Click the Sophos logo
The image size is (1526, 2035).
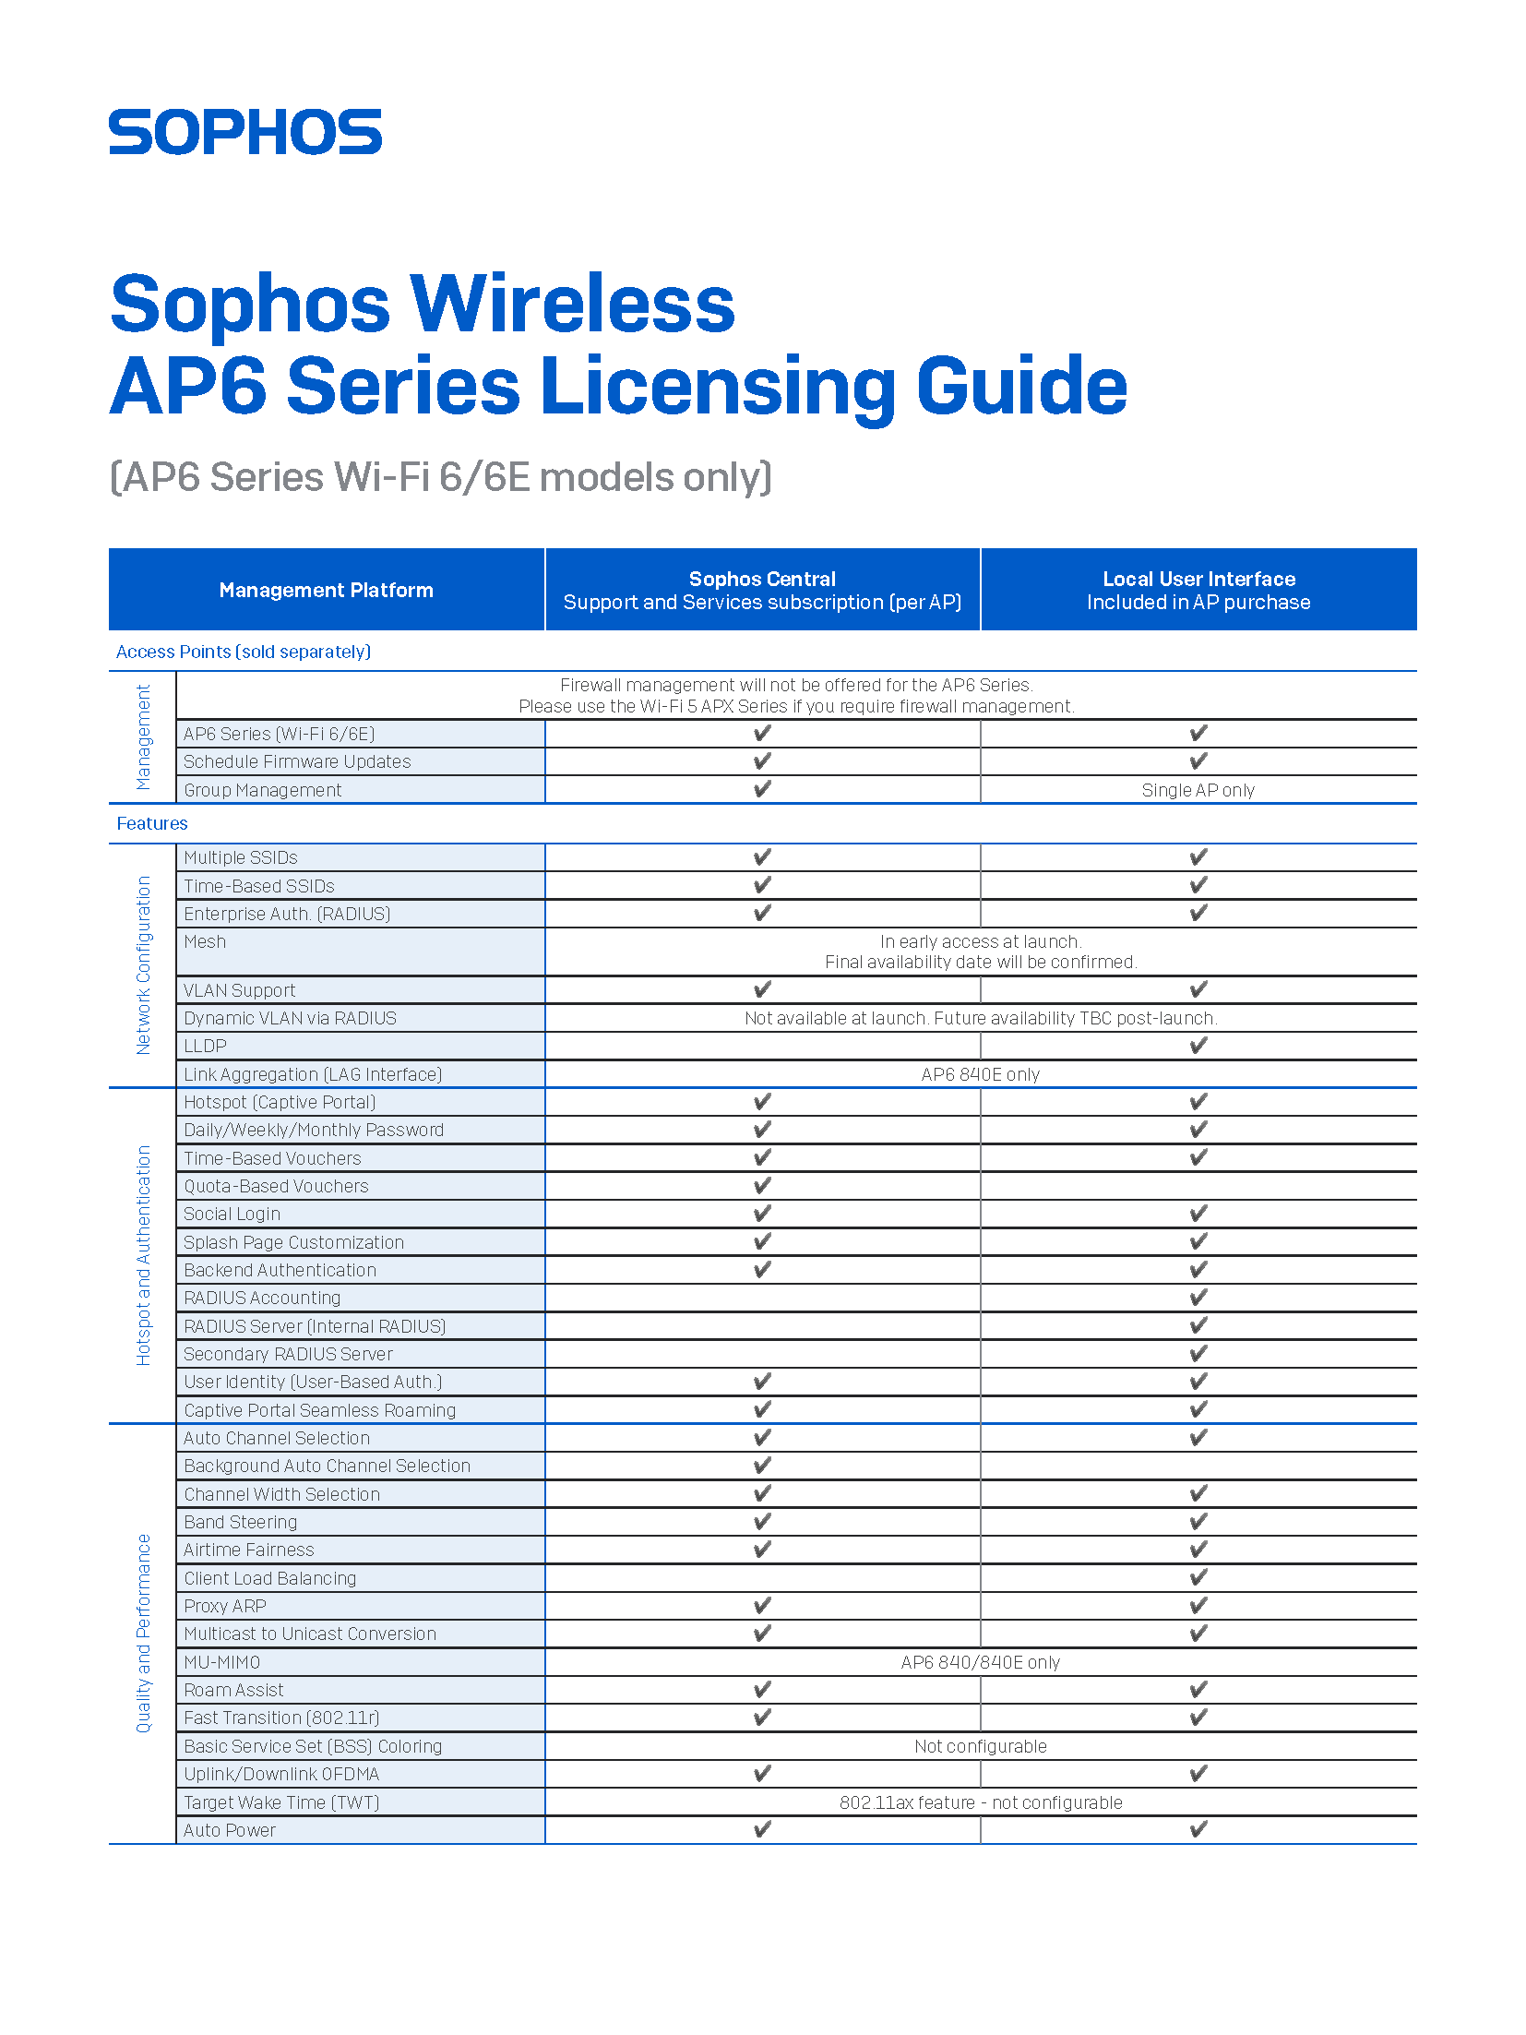coord(245,132)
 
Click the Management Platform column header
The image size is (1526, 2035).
coord(326,590)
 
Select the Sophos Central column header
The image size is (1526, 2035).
coord(762,590)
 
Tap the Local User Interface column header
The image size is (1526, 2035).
coord(1198,590)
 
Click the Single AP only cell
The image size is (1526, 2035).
coord(1198,790)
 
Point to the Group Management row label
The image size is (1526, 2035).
coord(263,790)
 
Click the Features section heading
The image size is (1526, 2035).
coord(152,823)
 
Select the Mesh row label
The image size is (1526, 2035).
coord(205,941)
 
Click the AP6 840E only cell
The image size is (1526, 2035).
coord(980,1074)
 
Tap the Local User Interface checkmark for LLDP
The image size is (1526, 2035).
coord(1198,1046)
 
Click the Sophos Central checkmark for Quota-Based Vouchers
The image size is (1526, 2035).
coord(762,1186)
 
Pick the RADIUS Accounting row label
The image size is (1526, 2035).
coord(262,1298)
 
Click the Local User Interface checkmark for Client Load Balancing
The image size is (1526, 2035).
coord(1198,1578)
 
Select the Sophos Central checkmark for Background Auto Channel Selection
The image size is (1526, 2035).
coord(762,1466)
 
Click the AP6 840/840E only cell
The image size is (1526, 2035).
coord(980,1662)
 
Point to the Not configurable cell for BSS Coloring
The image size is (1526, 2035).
coord(980,1746)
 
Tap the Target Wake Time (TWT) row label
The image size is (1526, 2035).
coord(281,1802)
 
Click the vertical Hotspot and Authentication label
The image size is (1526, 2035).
coord(143,1255)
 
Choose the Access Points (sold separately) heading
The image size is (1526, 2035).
coord(244,652)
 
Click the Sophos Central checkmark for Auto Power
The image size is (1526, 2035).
coord(762,1830)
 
